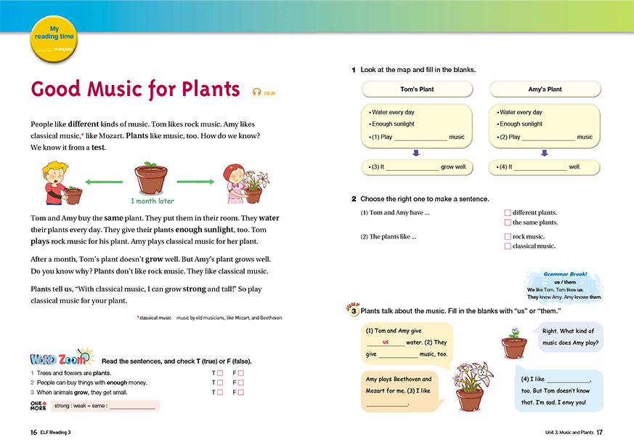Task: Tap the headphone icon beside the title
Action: (256, 92)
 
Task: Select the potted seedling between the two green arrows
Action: (151, 178)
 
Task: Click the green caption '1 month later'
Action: (153, 201)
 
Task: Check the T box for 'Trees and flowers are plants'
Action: (220, 373)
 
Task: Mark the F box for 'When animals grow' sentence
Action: (241, 393)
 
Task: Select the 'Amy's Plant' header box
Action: (545, 89)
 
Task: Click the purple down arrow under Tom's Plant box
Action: (416, 153)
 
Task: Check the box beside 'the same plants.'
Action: (508, 222)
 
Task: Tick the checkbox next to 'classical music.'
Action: (508, 246)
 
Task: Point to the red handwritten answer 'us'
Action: (386, 342)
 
